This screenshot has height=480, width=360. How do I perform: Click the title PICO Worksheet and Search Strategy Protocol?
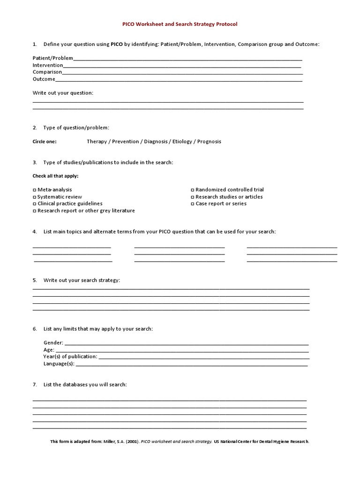pos(180,24)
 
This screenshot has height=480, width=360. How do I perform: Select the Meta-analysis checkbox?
pos(34,190)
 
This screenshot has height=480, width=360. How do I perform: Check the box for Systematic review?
pos(34,197)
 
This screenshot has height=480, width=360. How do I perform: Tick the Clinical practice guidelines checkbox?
pos(34,204)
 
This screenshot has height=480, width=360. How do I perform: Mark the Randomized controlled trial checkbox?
pos(193,190)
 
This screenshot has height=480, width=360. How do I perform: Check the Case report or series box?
pos(193,204)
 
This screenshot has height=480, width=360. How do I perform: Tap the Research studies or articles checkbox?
pos(193,197)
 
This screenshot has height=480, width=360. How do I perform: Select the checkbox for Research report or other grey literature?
pos(34,211)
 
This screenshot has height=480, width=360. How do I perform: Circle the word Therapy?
pos(97,142)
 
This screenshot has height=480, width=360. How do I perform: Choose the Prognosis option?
pos(209,142)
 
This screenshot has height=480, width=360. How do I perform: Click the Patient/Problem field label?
pos(53,58)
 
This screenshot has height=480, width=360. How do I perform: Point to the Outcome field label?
pos(44,79)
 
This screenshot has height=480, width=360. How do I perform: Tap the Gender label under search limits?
pos(53,343)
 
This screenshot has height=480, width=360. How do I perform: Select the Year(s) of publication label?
pos(70,357)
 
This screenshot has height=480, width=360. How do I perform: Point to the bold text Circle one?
pos(45,142)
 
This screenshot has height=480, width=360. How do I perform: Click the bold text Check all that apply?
pos(55,176)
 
